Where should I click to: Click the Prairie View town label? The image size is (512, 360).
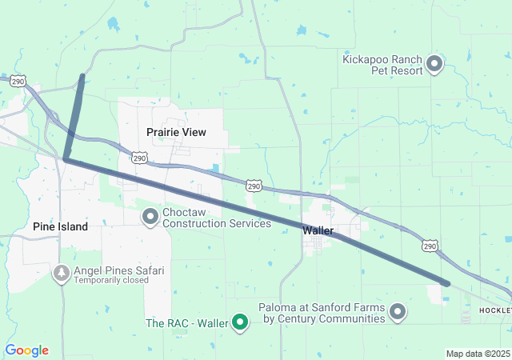176,132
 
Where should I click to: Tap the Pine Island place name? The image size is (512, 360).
60,227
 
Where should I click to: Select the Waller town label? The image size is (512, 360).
318,230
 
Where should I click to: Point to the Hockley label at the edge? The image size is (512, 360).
495,309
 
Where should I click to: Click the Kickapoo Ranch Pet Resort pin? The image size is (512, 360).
434,62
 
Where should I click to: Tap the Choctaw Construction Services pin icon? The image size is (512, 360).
150,216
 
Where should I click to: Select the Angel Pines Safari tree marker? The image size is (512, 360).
62,274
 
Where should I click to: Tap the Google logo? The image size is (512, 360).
26,350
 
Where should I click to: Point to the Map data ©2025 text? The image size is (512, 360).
478,354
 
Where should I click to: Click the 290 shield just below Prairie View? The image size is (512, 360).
139,158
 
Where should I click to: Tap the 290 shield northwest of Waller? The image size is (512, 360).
254,186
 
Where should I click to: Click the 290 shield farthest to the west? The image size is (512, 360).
18,82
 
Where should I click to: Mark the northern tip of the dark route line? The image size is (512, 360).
82,76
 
